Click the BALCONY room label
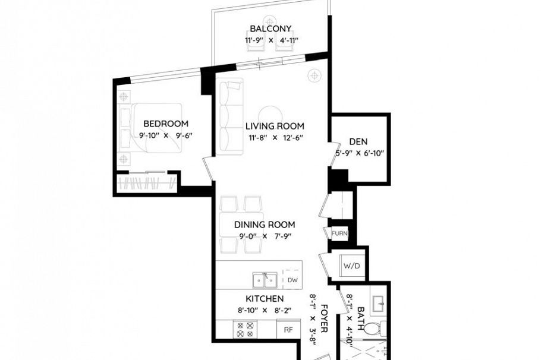(x=270, y=29)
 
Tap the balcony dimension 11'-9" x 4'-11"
(x=270, y=40)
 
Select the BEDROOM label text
(x=166, y=124)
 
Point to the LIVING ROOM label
(x=275, y=126)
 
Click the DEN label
(x=358, y=141)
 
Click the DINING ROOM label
(x=265, y=225)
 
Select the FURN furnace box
(x=339, y=233)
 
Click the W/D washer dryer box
(x=351, y=266)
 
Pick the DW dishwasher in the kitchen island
(x=292, y=280)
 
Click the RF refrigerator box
(x=288, y=329)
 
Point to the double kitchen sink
(x=264, y=279)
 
